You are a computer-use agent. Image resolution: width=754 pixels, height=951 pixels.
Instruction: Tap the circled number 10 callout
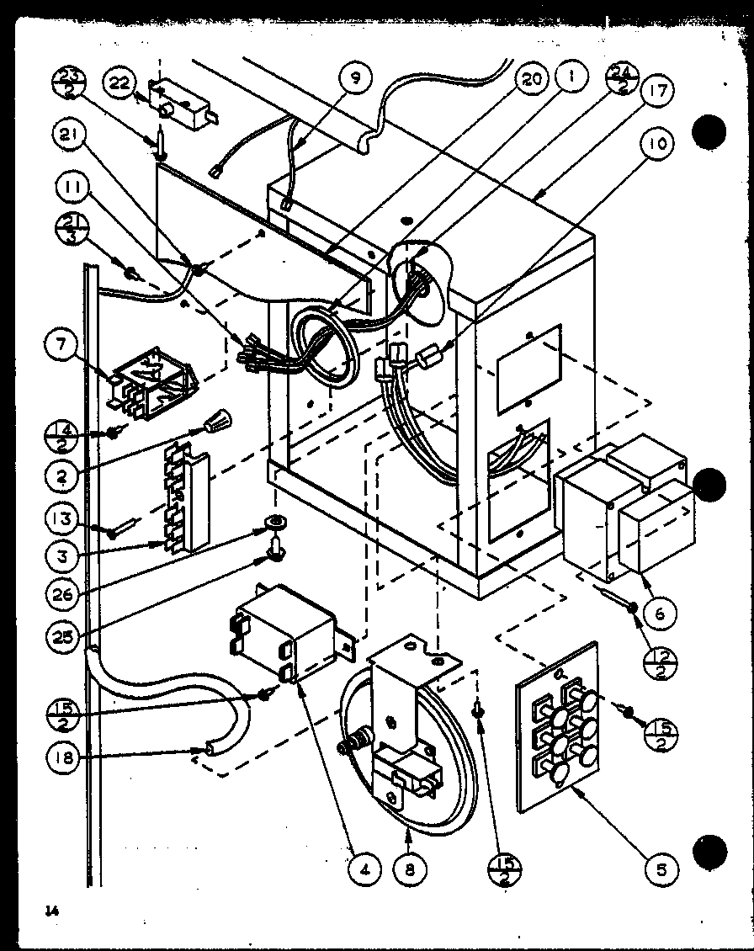click(x=661, y=143)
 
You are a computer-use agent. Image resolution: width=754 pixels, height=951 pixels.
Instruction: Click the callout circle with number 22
click(x=119, y=83)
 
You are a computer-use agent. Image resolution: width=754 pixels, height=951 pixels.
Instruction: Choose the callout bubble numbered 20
click(x=532, y=81)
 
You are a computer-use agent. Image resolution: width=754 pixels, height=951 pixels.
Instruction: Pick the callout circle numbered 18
click(x=66, y=757)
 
